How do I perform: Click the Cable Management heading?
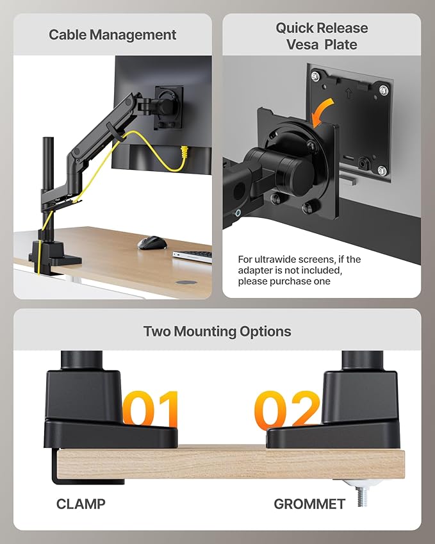(112, 34)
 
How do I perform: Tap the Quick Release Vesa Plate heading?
(322, 37)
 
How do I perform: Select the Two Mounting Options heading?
(217, 331)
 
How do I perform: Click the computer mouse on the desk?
(152, 243)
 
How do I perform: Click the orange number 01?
(151, 409)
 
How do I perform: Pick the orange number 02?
(286, 409)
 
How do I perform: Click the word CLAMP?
(80, 504)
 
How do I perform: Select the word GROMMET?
(309, 504)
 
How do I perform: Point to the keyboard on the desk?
(193, 255)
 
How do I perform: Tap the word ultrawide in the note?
(288, 260)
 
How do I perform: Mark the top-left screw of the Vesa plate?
(315, 76)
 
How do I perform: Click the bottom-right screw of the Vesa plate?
(382, 170)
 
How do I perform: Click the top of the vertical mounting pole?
(47, 139)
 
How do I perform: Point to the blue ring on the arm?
(238, 212)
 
